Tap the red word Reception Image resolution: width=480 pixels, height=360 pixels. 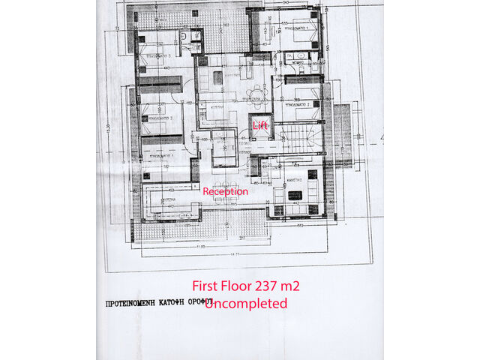click(226, 191)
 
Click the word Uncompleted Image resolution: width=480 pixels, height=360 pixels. click(246, 303)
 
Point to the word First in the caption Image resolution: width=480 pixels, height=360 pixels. click(207, 286)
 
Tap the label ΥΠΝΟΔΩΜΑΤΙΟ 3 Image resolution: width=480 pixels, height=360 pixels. click(158, 55)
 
